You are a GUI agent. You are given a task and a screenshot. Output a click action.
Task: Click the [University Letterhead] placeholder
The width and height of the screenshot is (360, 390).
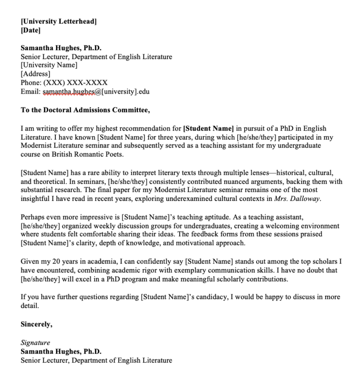pos(59,22)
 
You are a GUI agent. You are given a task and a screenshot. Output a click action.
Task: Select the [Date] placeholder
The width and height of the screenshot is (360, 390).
pos(31,30)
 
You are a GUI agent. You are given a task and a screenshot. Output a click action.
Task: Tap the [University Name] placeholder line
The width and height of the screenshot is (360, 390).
pos(49,65)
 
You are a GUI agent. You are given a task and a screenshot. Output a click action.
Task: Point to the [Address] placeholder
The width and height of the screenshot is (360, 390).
pos(35,74)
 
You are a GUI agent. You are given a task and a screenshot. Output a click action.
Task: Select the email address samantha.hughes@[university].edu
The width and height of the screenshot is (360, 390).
pos(96,92)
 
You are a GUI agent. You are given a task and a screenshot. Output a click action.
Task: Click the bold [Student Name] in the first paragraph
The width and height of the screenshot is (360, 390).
pos(208,128)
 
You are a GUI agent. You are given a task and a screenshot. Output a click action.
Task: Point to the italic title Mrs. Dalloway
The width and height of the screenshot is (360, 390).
pos(303,199)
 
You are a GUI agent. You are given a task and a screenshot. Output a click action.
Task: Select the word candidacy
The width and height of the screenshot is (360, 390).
pos(208,297)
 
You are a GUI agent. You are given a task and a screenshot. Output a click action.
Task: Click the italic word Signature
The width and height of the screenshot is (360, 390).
pos(35,343)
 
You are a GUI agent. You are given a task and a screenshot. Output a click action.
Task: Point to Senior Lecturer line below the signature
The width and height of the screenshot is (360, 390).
pos(96,361)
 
